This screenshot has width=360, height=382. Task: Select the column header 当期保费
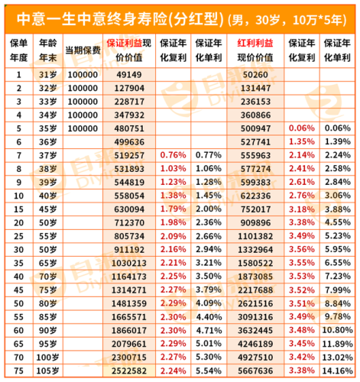point(80,48)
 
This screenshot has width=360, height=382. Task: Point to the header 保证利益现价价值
point(128,48)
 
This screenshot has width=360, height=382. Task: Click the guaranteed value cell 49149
point(128,74)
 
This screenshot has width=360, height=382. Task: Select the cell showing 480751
point(128,128)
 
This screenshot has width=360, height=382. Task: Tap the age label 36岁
point(47,141)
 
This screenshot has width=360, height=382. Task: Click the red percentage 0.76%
point(174,155)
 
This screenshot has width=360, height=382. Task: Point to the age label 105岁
point(47,371)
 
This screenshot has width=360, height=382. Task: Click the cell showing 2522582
point(128,371)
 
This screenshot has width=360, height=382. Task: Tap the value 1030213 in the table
point(128,263)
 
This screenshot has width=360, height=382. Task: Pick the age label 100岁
point(47,357)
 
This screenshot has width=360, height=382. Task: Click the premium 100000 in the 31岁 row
point(80,74)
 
